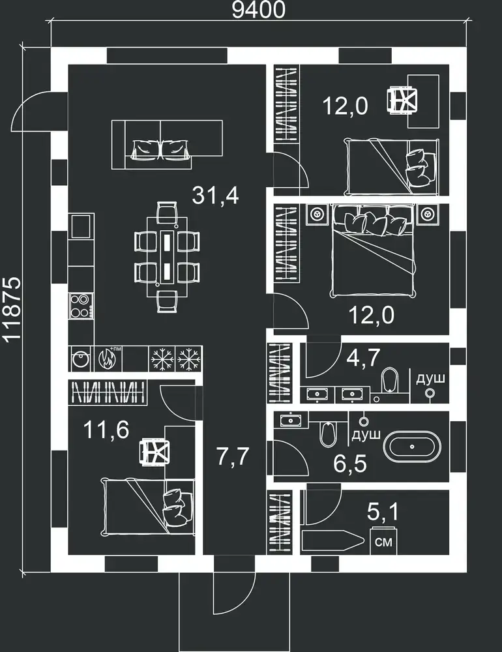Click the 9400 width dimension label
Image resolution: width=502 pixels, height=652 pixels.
coord(258,10)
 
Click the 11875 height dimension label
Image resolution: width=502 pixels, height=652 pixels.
coord(11,308)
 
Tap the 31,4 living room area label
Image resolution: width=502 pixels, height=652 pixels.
coord(215,196)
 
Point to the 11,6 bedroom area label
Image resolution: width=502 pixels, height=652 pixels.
coord(106,430)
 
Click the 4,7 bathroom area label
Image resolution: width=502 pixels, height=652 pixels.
coord(363,357)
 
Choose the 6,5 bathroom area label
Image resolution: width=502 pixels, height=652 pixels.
coord(350,464)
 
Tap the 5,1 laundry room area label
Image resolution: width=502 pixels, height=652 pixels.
coord(383,512)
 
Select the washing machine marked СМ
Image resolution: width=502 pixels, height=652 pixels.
coord(383,541)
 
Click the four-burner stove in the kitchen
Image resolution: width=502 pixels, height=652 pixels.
coord(81,306)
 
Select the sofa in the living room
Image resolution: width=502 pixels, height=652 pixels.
coord(167,144)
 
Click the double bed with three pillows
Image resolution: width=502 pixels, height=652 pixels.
coord(373,250)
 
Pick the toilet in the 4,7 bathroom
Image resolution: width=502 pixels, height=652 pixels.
coord(389,379)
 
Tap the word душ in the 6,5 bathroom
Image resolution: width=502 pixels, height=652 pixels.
coord(366,435)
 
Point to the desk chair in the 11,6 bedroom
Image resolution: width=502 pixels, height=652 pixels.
coord(155,452)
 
